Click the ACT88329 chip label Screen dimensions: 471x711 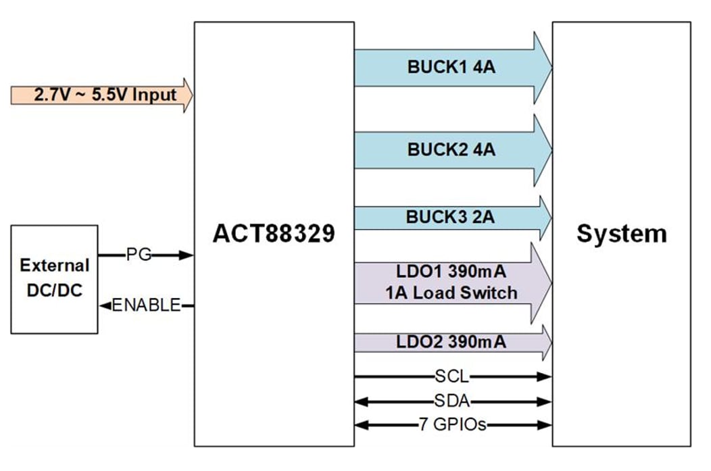pyautogui.click(x=274, y=234)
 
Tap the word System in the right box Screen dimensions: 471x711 pyautogui.click(x=621, y=234)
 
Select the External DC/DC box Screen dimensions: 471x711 pyautogui.click(x=54, y=279)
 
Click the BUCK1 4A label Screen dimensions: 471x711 pyautogui.click(x=451, y=68)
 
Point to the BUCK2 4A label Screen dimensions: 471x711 pyautogui.click(x=451, y=149)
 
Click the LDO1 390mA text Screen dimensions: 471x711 pyautogui.click(x=451, y=272)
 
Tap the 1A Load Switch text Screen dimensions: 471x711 pyautogui.click(x=451, y=293)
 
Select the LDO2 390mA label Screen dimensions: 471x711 pyautogui.click(x=451, y=342)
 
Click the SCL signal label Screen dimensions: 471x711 pyautogui.click(x=452, y=376)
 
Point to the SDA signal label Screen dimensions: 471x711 pyautogui.click(x=452, y=401)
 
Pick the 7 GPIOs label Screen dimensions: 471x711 pyautogui.click(x=452, y=425)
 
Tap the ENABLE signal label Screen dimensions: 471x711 pyautogui.click(x=147, y=305)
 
